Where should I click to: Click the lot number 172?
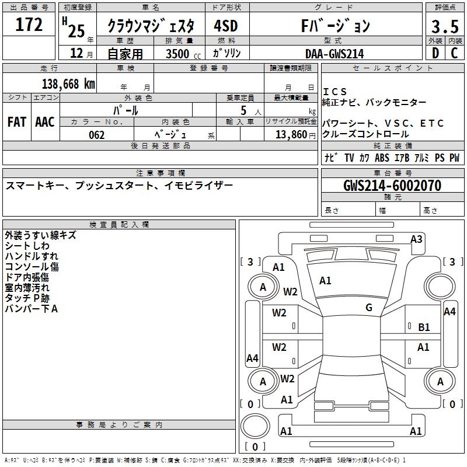click(x=29, y=25)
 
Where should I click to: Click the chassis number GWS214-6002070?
click(x=392, y=186)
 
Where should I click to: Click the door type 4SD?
click(x=226, y=26)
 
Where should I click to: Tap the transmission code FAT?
click(x=17, y=122)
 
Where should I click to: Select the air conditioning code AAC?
click(x=45, y=122)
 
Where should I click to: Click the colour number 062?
click(x=97, y=135)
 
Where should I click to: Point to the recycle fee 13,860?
click(x=294, y=135)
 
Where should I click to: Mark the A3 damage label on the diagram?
click(x=416, y=239)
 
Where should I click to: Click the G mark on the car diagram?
click(x=369, y=308)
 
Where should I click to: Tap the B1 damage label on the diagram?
click(x=424, y=327)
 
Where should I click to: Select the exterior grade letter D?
click(x=435, y=53)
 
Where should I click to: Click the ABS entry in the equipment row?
click(x=382, y=158)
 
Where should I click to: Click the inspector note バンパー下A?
click(x=32, y=309)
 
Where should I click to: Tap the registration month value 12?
click(x=75, y=54)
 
